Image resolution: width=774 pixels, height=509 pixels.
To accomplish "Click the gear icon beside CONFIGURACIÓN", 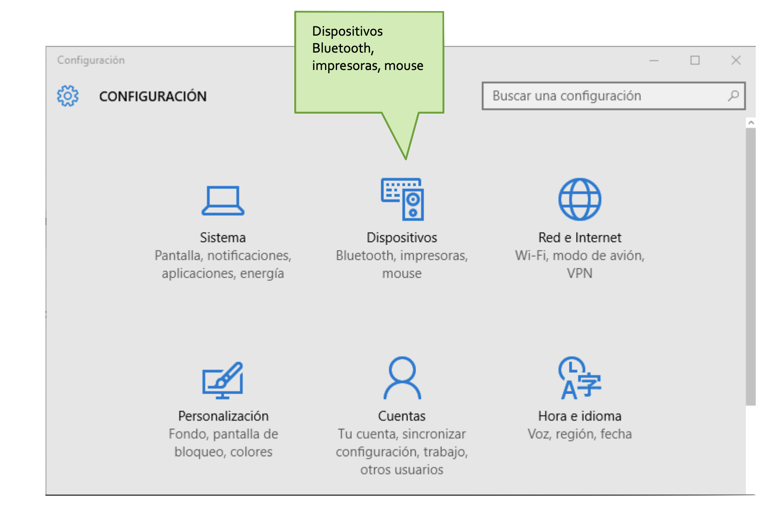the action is (68, 96).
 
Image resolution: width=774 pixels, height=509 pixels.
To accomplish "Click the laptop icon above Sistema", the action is (223, 201).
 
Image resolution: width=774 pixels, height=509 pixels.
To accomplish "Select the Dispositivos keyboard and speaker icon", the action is (402, 199).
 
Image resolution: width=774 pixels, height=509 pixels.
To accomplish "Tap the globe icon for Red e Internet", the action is (580, 199).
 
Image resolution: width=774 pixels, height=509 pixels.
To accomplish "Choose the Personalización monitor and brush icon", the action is (223, 380).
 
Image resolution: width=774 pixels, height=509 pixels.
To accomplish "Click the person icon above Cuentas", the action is (402, 378).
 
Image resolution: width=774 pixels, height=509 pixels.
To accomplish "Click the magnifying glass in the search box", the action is (733, 95).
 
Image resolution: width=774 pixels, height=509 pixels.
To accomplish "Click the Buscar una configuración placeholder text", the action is (567, 96).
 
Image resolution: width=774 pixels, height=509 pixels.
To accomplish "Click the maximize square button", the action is (695, 60).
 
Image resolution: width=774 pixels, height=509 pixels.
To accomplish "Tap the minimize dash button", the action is (654, 61).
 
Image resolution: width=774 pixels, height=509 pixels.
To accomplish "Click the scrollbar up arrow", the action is (751, 123).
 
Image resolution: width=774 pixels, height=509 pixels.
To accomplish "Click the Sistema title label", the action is (223, 238).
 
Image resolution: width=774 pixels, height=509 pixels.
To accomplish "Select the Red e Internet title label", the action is (580, 238).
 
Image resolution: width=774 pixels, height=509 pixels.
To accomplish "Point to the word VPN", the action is (580, 273).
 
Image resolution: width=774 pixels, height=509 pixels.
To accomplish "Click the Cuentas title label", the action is (402, 416).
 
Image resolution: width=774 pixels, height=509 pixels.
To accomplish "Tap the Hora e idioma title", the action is (580, 416).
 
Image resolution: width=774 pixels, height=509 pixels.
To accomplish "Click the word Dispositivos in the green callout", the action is (347, 31).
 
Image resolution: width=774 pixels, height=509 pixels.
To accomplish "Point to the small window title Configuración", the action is (91, 60).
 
